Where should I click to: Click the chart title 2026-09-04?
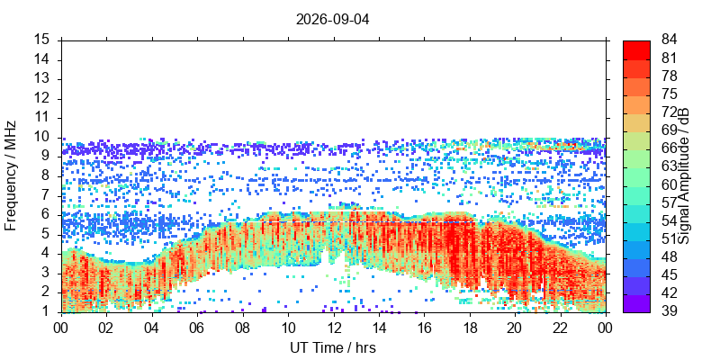click(x=332, y=20)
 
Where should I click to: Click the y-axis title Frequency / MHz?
click(x=11, y=175)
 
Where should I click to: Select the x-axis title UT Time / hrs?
click(x=333, y=347)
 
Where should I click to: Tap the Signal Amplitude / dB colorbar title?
click(x=684, y=176)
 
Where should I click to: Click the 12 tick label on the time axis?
click(x=333, y=328)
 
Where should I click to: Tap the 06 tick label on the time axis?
click(x=197, y=328)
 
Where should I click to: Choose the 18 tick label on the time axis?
click(x=469, y=328)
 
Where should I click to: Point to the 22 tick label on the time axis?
click(x=560, y=328)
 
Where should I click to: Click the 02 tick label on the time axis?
click(x=107, y=328)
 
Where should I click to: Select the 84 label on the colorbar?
click(x=668, y=40)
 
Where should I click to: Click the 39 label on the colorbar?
click(x=668, y=310)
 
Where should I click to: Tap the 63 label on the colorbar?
click(x=668, y=166)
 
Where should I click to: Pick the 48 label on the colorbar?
click(x=668, y=256)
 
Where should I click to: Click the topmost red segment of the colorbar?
click(x=636, y=49)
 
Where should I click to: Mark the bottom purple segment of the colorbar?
click(x=636, y=303)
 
